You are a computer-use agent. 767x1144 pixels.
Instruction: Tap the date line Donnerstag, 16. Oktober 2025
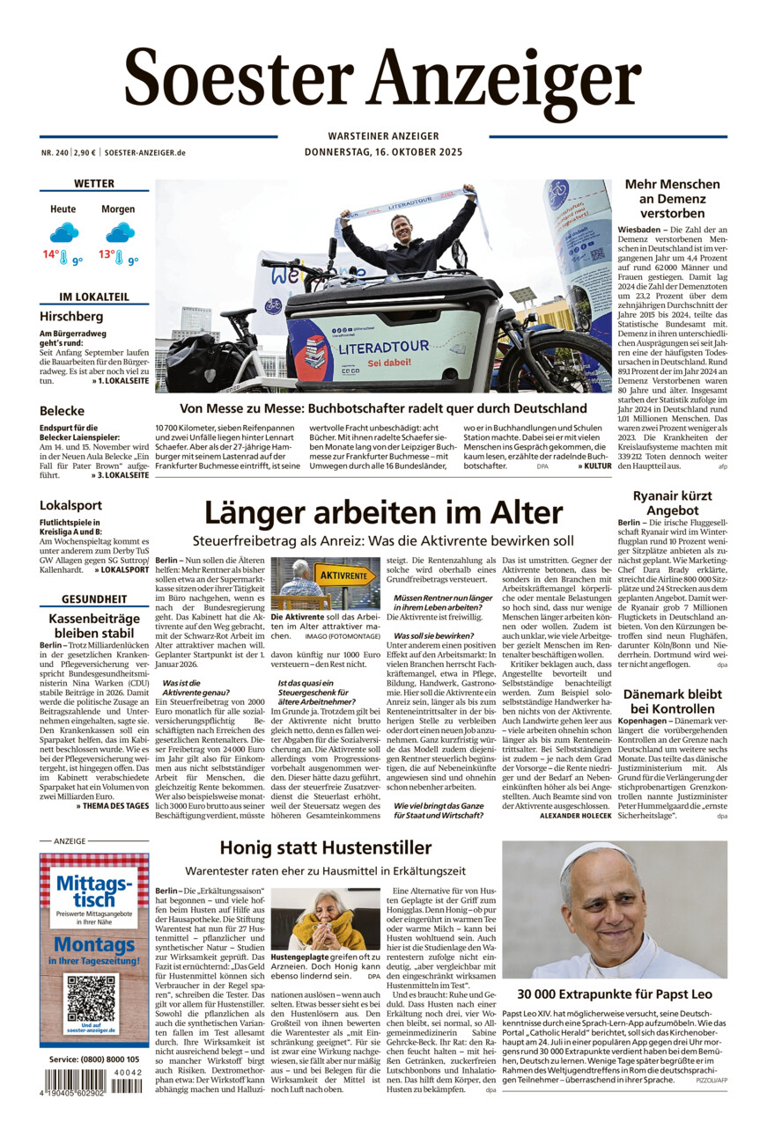[x=383, y=152]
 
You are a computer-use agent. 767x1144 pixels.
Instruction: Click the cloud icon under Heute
[x=63, y=232]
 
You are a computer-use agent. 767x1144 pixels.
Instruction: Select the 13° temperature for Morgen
[x=107, y=255]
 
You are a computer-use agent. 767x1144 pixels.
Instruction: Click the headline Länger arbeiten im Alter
[x=383, y=512]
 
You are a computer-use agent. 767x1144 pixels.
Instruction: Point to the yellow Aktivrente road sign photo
[x=325, y=583]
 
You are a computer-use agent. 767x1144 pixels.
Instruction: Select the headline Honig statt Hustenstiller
[x=326, y=848]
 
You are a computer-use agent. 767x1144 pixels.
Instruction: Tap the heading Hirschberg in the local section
[x=71, y=316]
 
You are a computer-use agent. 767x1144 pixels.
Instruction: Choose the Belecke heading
[x=62, y=411]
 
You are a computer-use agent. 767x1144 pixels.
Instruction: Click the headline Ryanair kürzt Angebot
[x=672, y=503]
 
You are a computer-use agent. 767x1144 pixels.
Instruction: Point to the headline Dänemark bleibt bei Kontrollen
[x=672, y=700]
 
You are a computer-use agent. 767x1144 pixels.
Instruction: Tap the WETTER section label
[x=94, y=184]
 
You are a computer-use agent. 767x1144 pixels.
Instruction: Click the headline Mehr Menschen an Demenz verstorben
[x=672, y=198]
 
